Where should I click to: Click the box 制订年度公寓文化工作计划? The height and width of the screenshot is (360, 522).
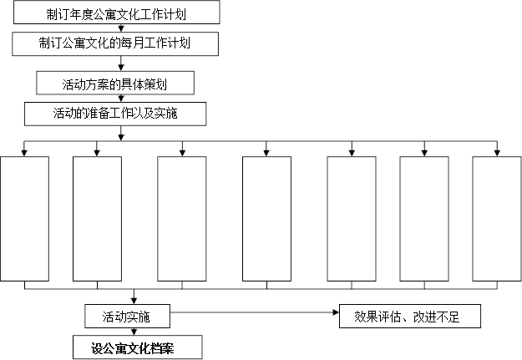117,13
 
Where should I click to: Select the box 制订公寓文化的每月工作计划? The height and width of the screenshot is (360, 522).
115,44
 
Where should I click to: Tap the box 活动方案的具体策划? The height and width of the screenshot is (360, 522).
115,83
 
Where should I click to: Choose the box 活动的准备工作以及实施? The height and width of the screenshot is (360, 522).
115,114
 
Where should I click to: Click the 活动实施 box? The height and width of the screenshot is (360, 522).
128,316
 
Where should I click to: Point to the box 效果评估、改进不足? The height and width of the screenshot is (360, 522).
410,316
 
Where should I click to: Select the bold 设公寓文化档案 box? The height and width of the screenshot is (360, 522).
138,347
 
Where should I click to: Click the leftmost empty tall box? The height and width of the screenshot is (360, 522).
24,219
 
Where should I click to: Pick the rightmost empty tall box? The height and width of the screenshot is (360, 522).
497,219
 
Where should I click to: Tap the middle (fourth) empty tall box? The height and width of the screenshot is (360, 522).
266,219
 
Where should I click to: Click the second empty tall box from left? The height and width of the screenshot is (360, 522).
97,219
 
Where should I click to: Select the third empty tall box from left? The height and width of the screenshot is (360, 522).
182,219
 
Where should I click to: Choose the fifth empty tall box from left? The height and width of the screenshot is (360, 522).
352,219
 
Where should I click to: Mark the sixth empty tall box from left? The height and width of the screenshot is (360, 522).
424,219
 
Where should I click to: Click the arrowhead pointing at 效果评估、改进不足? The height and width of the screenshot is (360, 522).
336,312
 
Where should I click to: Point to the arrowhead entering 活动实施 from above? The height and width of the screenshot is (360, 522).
134,301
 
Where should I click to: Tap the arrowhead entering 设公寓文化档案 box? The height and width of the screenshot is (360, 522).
134,332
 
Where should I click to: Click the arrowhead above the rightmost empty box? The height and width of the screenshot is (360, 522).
497,153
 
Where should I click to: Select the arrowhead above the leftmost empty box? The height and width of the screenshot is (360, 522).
24,153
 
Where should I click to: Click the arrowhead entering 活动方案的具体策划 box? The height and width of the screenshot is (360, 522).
121,68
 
